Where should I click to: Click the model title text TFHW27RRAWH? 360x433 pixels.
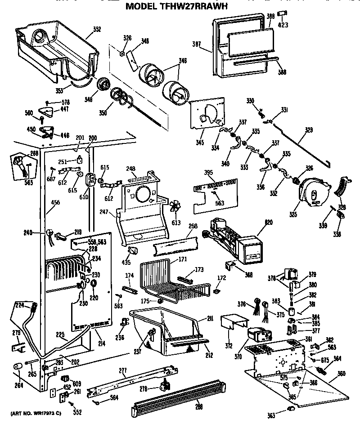click(176, 6)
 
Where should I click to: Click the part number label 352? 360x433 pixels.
click(97, 31)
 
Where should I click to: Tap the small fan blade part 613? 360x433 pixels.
click(176, 207)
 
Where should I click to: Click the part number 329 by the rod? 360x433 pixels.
click(309, 130)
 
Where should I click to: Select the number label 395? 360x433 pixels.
click(208, 173)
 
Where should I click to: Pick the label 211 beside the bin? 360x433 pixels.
click(209, 320)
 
